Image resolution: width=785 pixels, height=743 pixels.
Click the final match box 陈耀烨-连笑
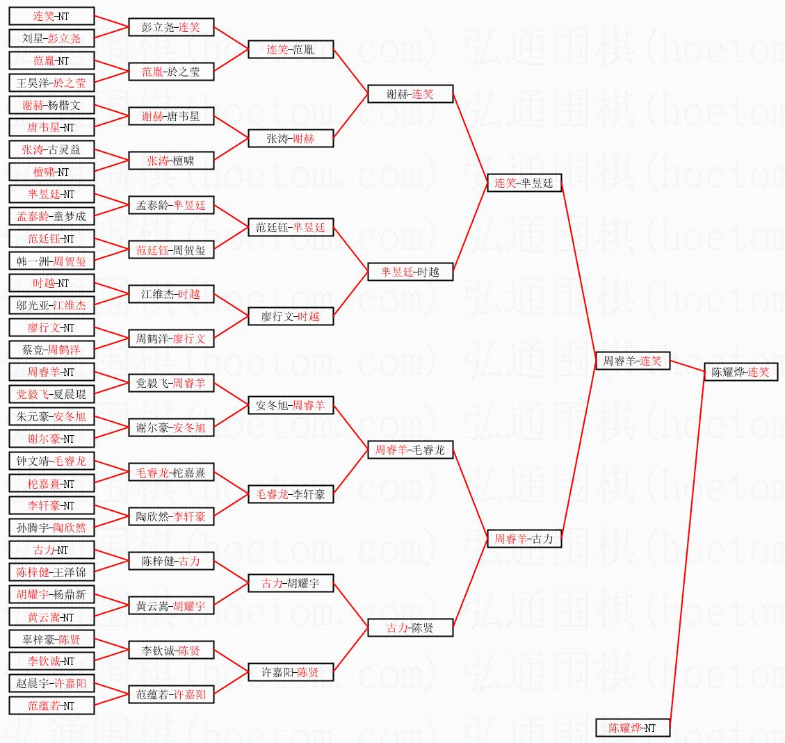click(741, 372)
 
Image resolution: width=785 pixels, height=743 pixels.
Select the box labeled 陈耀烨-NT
click(633, 728)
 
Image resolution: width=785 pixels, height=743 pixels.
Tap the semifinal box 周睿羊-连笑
click(633, 361)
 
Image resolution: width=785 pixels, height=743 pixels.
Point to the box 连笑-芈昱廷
click(524, 183)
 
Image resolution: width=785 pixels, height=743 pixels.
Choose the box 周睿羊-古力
click(524, 538)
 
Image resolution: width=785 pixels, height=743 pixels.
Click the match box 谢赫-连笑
click(410, 94)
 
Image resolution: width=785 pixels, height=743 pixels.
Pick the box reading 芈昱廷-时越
click(410, 272)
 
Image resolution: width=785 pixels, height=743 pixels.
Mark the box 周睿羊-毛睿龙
click(410, 450)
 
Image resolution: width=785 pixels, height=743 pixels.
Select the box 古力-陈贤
click(410, 628)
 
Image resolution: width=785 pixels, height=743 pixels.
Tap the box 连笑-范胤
click(291, 49)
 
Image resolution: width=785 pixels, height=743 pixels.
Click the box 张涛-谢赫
click(291, 138)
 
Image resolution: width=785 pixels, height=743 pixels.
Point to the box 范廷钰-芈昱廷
click(291, 227)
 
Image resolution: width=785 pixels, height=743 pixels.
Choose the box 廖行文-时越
click(291, 316)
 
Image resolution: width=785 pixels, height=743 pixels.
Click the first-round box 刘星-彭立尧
click(51, 38)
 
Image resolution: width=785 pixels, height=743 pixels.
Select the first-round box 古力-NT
click(51, 550)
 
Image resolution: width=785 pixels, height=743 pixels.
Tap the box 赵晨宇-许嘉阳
click(51, 683)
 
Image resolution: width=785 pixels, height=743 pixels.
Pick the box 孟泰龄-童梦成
click(51, 216)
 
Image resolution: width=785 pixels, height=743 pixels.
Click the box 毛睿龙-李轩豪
click(291, 494)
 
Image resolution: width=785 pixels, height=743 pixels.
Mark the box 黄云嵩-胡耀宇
click(171, 606)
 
